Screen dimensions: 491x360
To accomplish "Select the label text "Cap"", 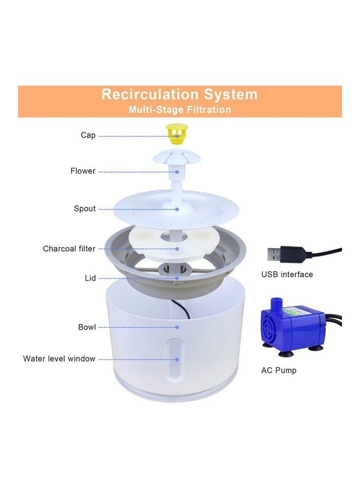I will pos(88,135).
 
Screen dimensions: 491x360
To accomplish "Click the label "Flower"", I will pos(83,171).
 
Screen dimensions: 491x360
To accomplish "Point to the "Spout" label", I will pos(85,209).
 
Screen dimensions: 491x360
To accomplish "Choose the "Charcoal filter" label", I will pos(69,249).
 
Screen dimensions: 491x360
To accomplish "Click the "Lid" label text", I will pos(90,278).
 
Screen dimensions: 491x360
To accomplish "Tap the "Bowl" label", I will pos(87,327).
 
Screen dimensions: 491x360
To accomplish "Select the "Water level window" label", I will pos(59,359).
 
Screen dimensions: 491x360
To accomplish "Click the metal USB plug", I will pos(279,254).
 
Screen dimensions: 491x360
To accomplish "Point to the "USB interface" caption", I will pos(287,274).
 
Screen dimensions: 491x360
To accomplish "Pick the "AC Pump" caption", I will pos(279,370).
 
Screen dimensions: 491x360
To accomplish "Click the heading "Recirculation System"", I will pos(179,94).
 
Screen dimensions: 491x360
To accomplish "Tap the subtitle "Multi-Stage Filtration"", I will pos(179,110).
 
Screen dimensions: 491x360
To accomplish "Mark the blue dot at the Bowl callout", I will pos(177,327).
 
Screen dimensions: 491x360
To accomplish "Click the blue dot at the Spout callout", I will pos(177,209).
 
